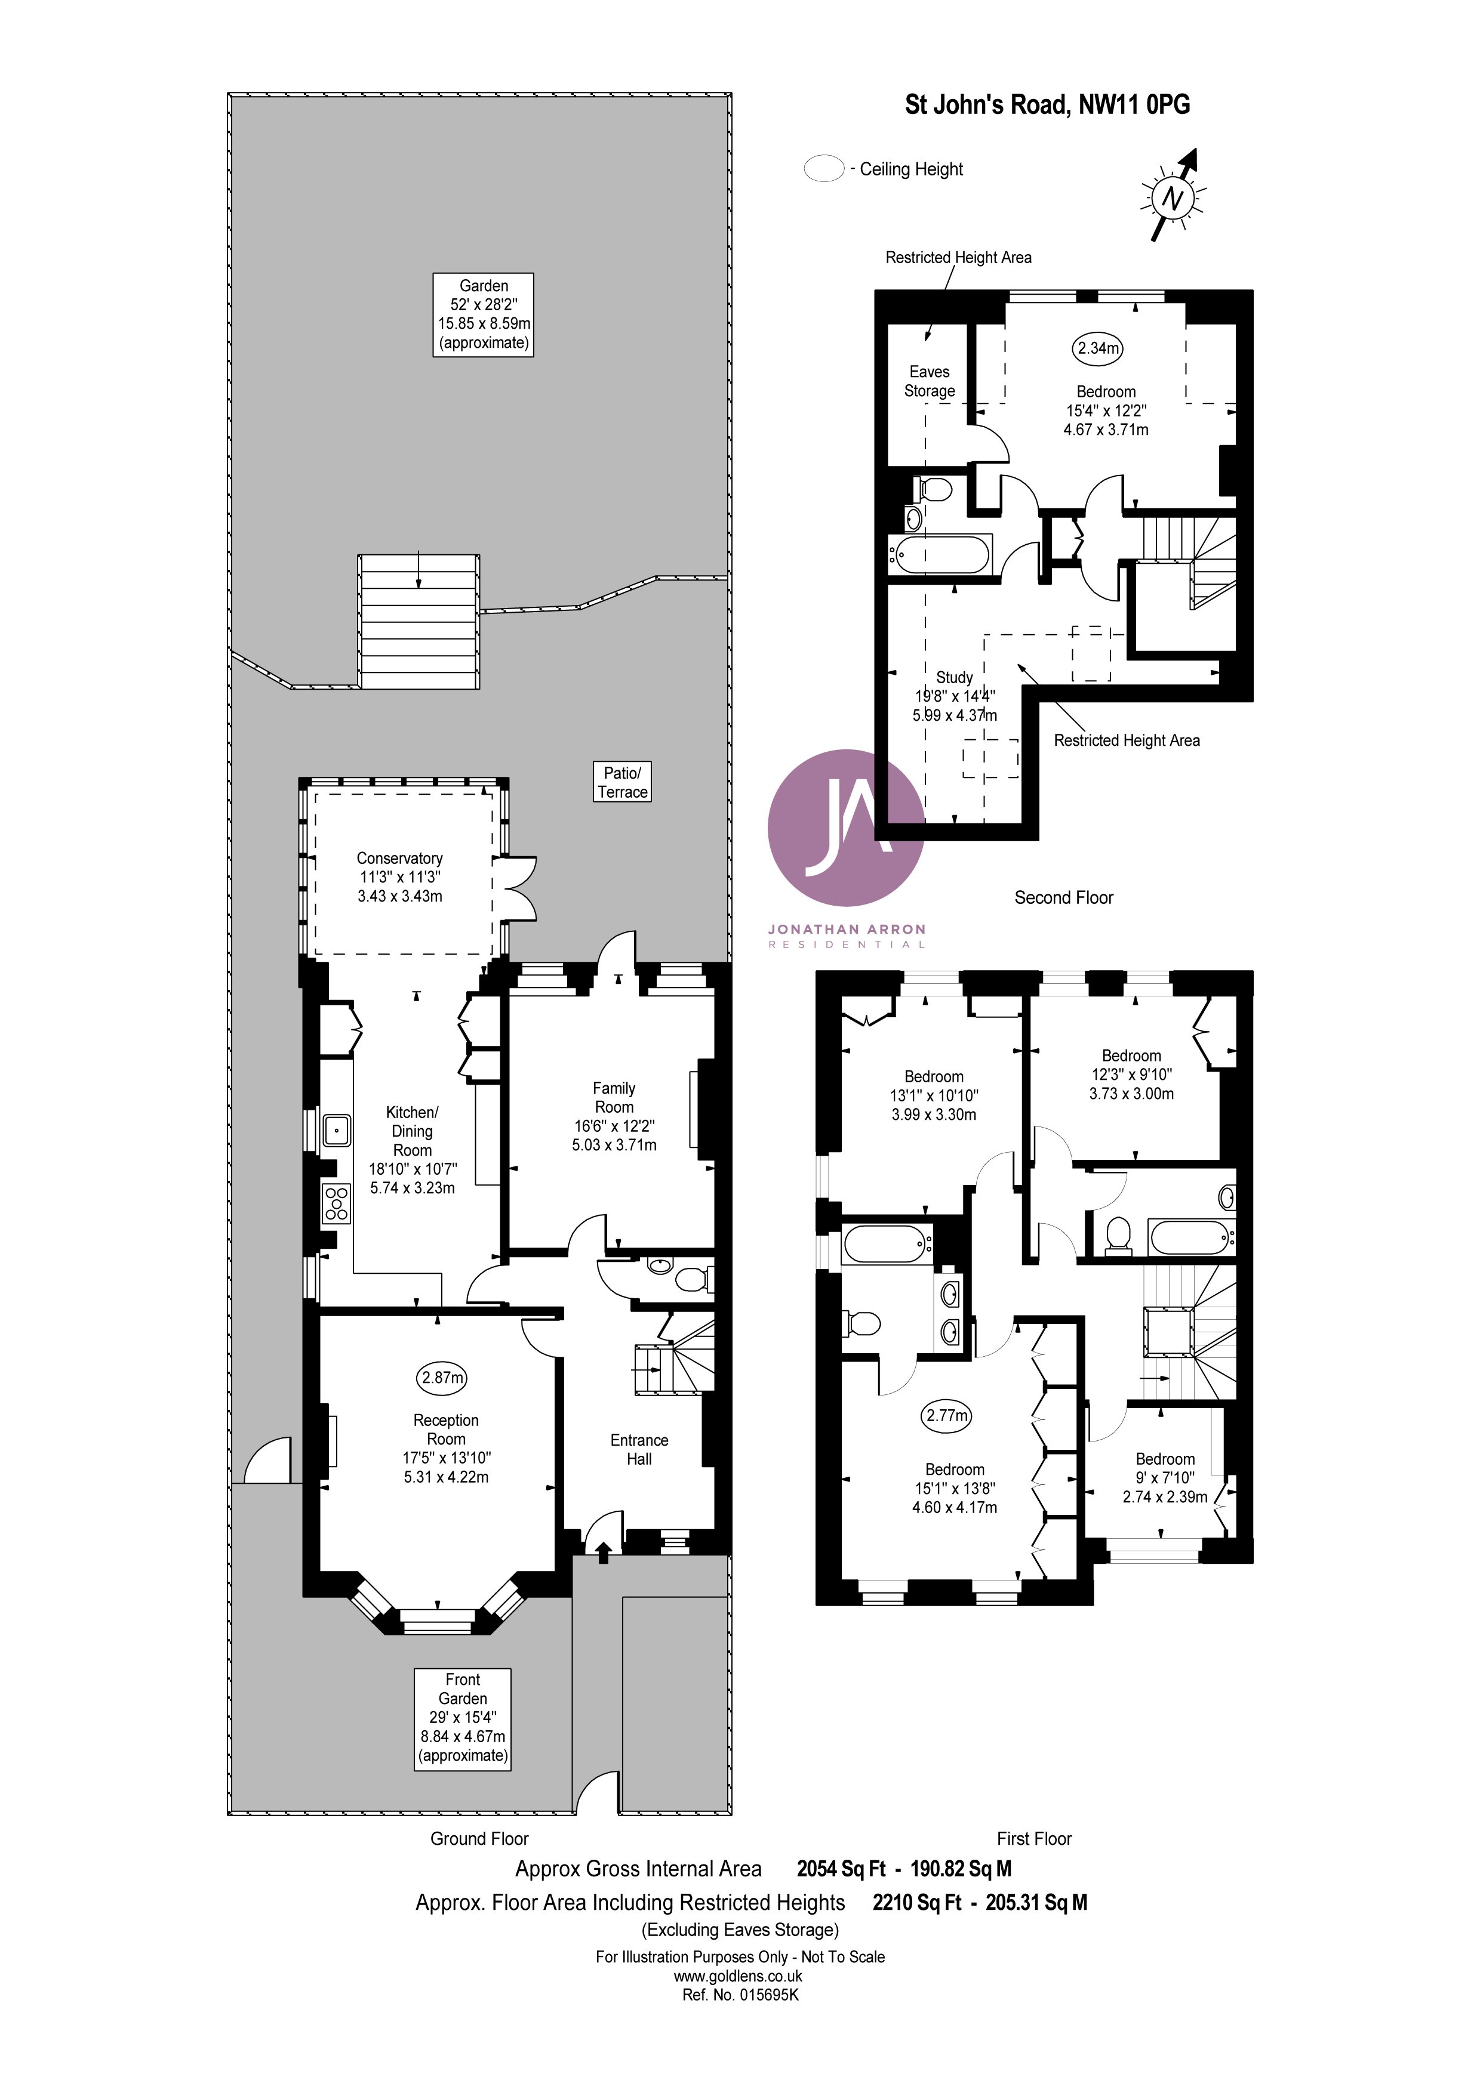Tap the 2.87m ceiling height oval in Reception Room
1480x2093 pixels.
442,1378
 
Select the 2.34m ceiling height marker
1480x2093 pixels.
1098,347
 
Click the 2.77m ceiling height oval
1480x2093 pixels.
946,1416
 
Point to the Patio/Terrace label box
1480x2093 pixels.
623,782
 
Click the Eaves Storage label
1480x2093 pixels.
929,381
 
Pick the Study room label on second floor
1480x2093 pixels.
955,696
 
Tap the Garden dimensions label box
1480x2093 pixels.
484,314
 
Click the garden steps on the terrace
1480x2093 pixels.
419,622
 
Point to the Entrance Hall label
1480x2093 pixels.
639,1449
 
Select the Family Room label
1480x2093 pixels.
614,1116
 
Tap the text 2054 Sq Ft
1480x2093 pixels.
841,1869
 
